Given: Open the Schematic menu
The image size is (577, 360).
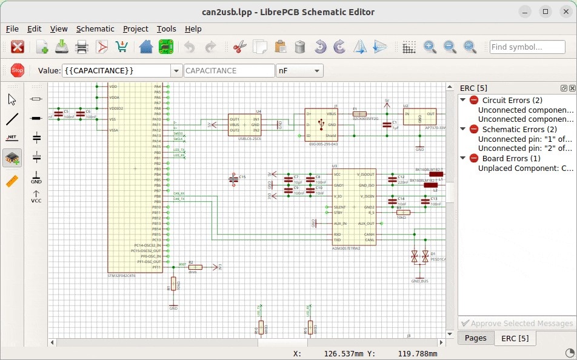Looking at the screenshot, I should tap(95, 28).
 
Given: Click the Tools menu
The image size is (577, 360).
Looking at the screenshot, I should tap(166, 28).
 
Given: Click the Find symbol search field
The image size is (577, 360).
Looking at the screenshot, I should tap(527, 47).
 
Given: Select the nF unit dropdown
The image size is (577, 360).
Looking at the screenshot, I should tap(299, 71).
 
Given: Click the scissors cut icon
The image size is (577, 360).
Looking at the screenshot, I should tap(240, 47).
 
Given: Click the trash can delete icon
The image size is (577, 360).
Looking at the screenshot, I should tap(299, 47).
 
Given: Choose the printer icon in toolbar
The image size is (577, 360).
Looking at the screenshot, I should tap(82, 47).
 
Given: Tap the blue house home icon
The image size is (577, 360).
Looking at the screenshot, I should tap(145, 47).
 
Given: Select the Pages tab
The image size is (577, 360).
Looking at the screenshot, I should tap(475, 338).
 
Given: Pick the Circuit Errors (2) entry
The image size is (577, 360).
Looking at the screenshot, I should tap(512, 100).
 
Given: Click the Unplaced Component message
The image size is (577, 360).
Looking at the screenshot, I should tap(525, 168).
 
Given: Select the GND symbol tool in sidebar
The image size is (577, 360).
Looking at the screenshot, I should tap(36, 177).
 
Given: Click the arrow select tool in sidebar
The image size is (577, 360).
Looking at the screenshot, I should tap(12, 99).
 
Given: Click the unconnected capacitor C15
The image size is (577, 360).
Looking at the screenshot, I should tap(234, 179).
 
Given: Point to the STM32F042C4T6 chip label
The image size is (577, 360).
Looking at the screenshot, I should tap(122, 275).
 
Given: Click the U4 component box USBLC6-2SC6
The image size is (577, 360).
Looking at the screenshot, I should tap(244, 124).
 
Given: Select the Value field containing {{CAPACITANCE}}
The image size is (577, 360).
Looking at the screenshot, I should tap(115, 71).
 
